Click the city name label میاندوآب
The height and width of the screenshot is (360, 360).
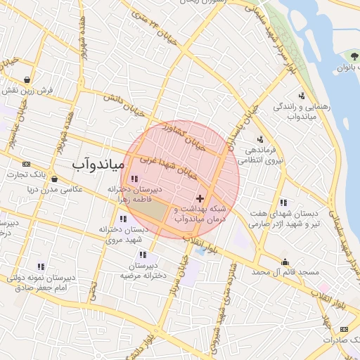[x=98, y=165]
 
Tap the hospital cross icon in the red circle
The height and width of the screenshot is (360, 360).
[x=201, y=199]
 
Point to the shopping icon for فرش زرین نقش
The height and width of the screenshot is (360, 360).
[x=27, y=79]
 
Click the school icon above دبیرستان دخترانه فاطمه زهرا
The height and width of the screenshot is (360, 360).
[x=134, y=180]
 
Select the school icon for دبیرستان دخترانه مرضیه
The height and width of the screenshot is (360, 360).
[x=143, y=255]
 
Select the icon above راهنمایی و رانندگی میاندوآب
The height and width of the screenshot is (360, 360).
[x=302, y=96]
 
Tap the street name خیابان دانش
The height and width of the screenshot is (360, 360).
[x=126, y=103]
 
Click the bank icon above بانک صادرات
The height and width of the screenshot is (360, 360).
[x=343, y=328]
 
